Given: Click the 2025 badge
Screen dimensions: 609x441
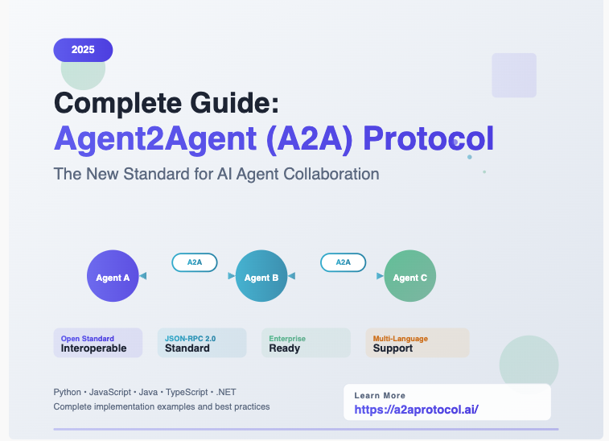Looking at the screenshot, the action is (83, 50).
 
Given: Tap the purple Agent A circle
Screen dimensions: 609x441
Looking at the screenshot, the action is (113, 276).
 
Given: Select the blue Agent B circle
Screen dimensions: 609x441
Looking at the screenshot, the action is (261, 276).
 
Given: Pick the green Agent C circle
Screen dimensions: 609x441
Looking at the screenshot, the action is (410, 276).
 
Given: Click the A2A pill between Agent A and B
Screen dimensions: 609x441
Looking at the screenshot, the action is (195, 262).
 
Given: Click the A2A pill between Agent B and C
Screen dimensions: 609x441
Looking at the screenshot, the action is (344, 262).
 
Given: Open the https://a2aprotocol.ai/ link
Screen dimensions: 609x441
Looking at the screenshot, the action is (417, 410).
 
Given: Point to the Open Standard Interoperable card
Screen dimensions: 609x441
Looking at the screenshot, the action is (98, 343).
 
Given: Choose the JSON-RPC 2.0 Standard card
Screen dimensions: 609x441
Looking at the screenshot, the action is (202, 343).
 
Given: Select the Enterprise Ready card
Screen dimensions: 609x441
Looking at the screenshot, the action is (306, 343).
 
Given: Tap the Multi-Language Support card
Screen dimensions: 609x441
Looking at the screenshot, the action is (418, 343).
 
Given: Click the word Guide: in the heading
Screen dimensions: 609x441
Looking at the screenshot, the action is (235, 103).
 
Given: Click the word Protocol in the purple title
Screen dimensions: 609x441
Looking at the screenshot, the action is (429, 138).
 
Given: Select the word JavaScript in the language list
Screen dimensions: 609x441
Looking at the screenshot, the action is (110, 392).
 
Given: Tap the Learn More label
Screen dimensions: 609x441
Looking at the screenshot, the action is (380, 396).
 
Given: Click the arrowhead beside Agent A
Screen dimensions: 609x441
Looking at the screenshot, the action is (143, 276).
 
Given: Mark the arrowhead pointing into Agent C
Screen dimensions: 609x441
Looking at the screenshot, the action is (380, 276).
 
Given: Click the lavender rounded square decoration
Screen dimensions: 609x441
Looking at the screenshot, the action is (514, 76).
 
